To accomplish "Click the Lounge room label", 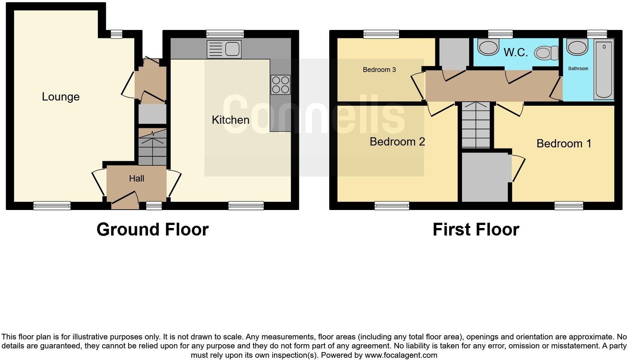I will point(60,97).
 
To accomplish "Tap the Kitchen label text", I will point(230,120).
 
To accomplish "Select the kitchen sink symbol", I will point(224,49).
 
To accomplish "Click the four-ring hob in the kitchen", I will point(280,84).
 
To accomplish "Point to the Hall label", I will point(136,178).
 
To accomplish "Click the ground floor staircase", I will point(152,147).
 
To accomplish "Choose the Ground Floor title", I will point(152,229).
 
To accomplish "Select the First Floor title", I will point(475,229).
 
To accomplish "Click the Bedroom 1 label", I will point(564,143).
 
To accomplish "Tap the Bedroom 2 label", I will point(397,141).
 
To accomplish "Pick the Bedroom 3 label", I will point(379,70).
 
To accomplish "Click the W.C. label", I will point(516,52).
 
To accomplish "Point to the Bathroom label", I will point(578,69).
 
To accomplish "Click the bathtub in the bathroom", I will point(604,69).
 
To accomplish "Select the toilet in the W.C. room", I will point(546,53).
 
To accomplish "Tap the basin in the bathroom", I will point(577,48).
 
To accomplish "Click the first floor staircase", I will point(476,125).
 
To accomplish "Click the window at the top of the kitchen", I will point(225,34).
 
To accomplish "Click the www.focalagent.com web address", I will point(401,355).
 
